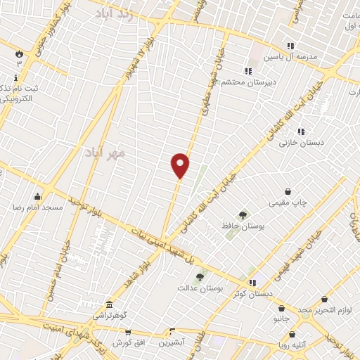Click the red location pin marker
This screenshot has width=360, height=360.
pyautogui.click(x=181, y=165)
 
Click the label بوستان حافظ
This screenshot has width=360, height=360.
pyautogui.click(x=242, y=226)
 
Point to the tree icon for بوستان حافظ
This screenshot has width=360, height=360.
pyautogui.click(x=243, y=214)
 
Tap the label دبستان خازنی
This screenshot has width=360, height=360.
pyautogui.click(x=302, y=143)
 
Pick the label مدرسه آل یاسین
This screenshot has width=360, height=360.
pyautogui.click(x=290, y=56)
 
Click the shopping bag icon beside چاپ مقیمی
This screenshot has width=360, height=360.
pyautogui.click(x=288, y=191)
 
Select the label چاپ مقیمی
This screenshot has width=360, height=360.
pyautogui.click(x=288, y=202)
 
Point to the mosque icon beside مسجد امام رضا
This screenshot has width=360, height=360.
pyautogui.click(x=37, y=196)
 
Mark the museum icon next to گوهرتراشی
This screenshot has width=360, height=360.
pyautogui.click(x=110, y=304)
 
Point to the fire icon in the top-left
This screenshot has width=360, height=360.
pyautogui.click(x=19, y=53)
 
